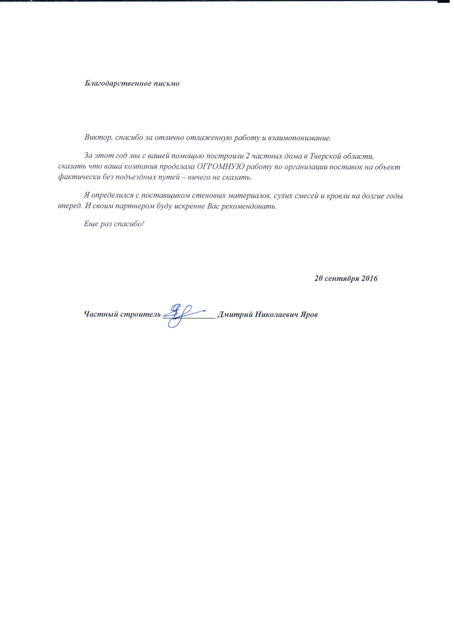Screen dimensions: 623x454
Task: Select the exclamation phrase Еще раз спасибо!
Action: click(x=114, y=224)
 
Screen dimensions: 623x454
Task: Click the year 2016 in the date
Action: click(x=369, y=279)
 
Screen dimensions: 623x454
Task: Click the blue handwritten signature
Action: click(x=182, y=315)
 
